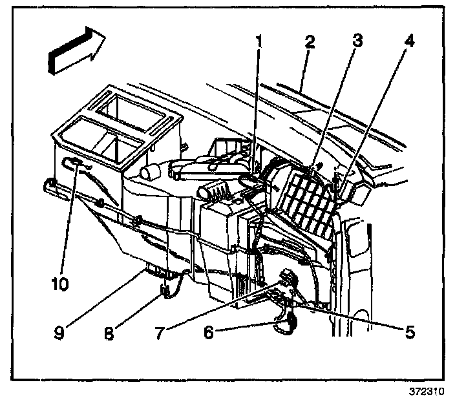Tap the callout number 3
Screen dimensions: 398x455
[x=356, y=43]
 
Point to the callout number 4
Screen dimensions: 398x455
[x=408, y=43]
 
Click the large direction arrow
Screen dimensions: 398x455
[x=75, y=51]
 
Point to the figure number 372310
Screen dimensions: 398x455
[x=428, y=390]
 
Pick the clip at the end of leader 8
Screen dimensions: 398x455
[x=164, y=292]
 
